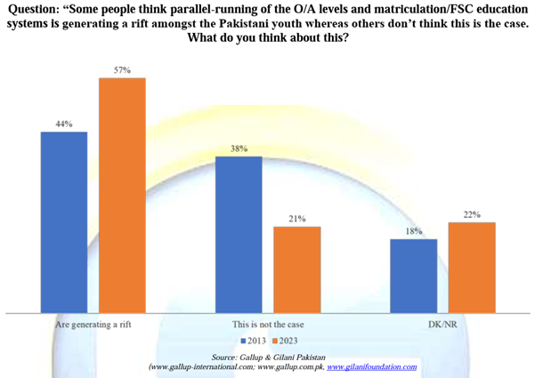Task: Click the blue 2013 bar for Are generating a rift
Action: point(64,222)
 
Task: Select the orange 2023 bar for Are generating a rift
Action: point(122,196)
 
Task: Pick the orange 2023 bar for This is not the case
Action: point(296,269)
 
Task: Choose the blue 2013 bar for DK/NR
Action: point(413,276)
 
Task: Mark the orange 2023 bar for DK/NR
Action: point(472,267)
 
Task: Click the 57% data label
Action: point(122,69)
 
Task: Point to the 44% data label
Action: point(64,124)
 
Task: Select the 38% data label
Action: point(239,149)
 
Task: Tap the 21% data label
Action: point(296,218)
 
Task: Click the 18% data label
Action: point(413,231)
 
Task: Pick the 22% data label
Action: point(472,214)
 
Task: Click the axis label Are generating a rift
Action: point(93,326)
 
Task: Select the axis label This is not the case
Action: point(267,326)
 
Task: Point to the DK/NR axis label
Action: point(442,326)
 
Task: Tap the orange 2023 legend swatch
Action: point(276,342)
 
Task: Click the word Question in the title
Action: point(35,9)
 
